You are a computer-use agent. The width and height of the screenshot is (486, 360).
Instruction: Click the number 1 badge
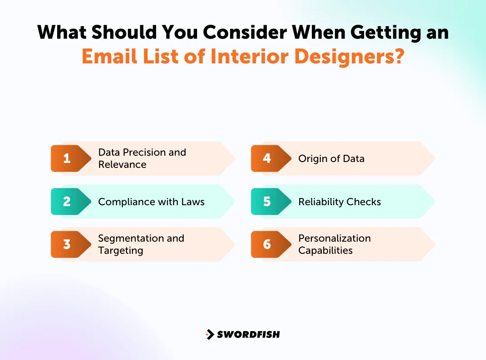coord(67,158)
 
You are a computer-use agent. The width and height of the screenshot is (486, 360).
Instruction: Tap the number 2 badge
coord(67,202)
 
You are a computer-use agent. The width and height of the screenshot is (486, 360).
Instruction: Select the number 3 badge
coord(67,244)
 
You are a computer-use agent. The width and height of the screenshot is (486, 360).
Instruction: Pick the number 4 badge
coord(267,158)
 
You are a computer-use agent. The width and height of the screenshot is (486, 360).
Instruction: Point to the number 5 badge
coord(267,202)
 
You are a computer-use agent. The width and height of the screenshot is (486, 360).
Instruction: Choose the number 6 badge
coord(267,244)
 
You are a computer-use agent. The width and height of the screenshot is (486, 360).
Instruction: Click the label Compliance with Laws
coord(151,202)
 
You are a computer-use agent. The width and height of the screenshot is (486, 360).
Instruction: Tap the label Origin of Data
coord(331,159)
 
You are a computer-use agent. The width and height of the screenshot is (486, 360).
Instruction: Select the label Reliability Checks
coord(339,202)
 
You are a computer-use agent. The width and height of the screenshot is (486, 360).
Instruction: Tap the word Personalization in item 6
coord(334,238)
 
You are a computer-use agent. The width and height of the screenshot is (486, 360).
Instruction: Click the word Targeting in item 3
coord(121,251)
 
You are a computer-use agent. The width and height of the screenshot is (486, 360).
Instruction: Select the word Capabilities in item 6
coord(325,251)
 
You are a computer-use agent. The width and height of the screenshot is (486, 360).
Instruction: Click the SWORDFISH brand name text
coord(248,334)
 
